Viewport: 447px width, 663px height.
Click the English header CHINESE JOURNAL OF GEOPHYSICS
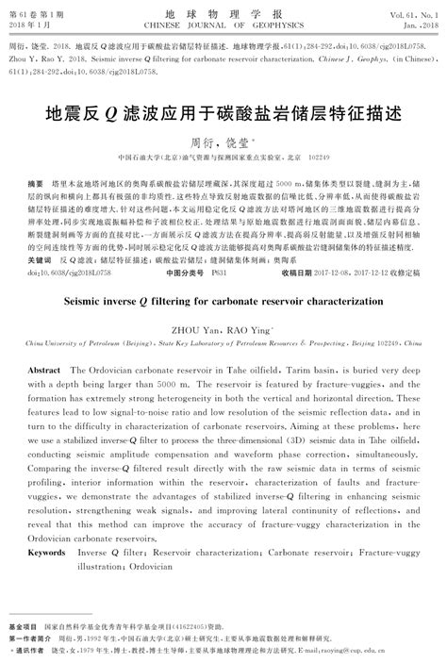pyautogui.click(x=223, y=25)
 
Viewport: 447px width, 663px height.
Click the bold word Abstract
pyautogui.click(x=45, y=371)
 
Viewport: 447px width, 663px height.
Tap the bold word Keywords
pyautogui.click(x=47, y=553)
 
